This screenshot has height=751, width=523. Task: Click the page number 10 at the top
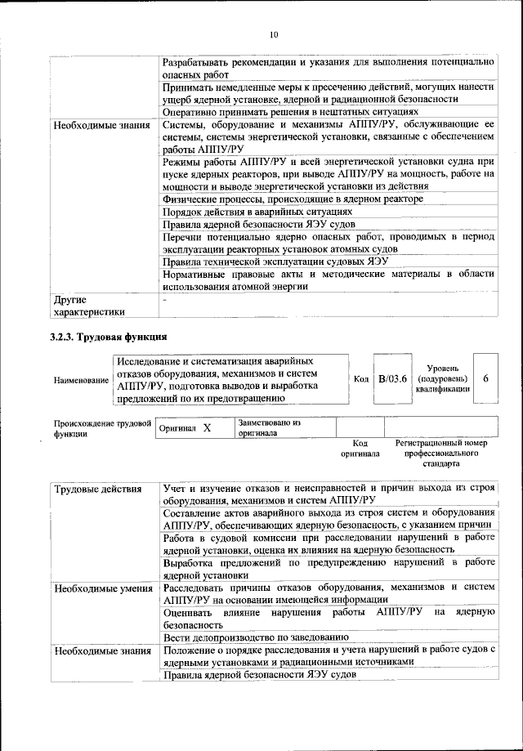[273, 34]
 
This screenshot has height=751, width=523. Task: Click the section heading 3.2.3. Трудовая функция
[110, 337]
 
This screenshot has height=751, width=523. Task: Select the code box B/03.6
[392, 379]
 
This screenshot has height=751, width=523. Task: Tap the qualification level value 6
[486, 379]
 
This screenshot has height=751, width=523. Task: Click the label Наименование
[80, 380]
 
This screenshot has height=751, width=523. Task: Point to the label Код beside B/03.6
[361, 380]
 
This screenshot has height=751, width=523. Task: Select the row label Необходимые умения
[102, 588]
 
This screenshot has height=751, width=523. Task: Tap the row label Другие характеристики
[89, 305]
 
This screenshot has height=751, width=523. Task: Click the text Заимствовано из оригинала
[270, 428]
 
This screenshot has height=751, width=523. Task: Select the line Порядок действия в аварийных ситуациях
[257, 212]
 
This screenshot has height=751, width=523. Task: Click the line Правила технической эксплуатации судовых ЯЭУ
[275, 262]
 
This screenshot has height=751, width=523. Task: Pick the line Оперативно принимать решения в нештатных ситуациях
[291, 112]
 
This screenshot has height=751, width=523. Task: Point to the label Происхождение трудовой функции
[102, 429]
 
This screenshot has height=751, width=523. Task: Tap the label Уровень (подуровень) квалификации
[444, 379]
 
